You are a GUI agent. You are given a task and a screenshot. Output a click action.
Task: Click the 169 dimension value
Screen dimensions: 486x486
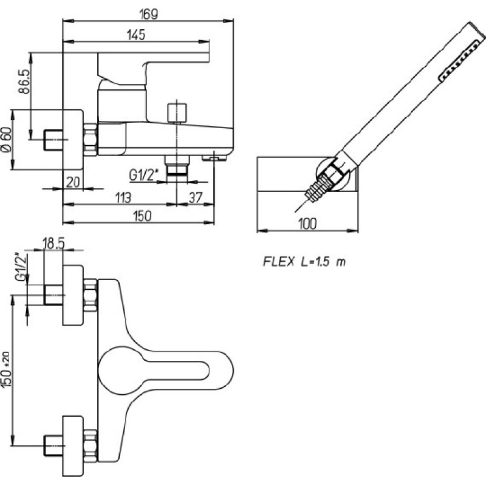(149, 14)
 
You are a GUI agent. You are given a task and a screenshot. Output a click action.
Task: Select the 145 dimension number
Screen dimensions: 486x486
(136, 35)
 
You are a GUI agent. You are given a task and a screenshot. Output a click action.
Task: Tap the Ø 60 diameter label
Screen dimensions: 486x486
(6, 140)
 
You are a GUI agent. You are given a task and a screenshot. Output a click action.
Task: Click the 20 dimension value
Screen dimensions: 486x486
(73, 182)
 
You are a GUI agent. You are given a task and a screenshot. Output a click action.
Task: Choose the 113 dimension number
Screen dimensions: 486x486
(123, 198)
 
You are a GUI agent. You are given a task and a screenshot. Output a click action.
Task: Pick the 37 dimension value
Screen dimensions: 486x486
(196, 197)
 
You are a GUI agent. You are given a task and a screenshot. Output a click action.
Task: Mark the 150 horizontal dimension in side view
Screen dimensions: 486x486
(142, 216)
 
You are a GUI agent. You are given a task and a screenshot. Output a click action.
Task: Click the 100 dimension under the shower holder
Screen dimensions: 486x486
(307, 224)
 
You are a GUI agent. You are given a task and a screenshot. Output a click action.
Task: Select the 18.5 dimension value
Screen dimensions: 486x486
(53, 244)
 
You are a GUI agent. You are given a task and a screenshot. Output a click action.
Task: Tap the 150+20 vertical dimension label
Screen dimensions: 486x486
(6, 369)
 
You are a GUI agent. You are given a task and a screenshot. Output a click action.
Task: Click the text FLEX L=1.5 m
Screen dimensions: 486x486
(304, 262)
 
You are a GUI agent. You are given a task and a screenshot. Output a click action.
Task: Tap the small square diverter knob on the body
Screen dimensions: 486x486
(177, 113)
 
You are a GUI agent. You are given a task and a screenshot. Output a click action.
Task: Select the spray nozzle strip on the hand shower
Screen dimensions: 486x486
(459, 63)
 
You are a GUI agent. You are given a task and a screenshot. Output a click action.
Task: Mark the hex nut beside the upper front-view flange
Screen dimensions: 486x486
(91, 295)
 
